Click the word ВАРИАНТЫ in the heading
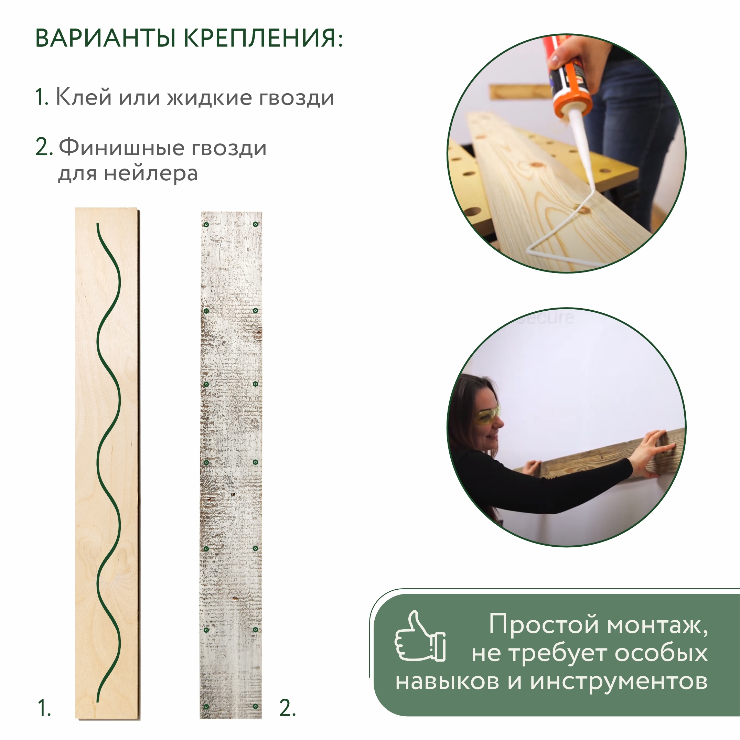point(105,38)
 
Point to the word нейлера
point(151,173)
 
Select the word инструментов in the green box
point(619,682)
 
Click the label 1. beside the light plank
point(44,708)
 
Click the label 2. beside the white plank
point(287,708)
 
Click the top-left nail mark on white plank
point(206,224)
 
